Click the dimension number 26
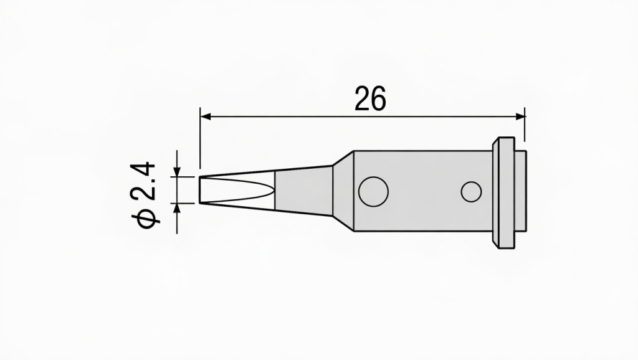pos(370,98)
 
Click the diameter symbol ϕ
pos(143,219)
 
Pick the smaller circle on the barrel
pos(470,191)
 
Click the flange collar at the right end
pos(504,191)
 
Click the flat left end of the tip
pos(200,190)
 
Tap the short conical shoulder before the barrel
pos(343,190)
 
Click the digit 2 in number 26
pos(363,98)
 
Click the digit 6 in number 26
pos(378,98)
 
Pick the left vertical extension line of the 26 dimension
pos(200,137)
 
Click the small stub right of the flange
pos(522,191)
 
